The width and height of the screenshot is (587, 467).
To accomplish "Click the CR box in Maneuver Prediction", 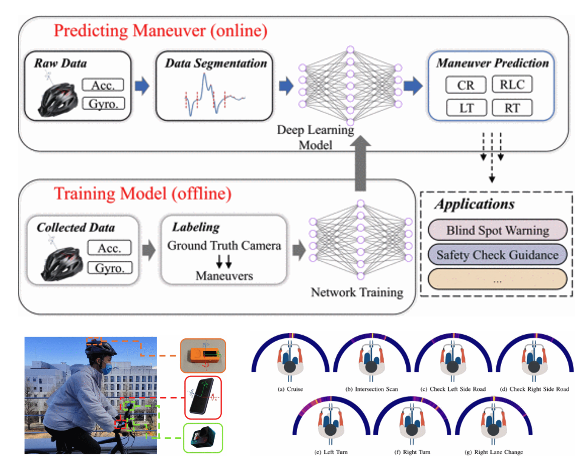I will point(465,85).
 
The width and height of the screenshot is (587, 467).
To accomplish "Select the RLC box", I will point(512,84).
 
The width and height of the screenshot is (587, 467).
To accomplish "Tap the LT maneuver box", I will point(466,108).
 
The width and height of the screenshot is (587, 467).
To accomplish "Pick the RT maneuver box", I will point(512,108).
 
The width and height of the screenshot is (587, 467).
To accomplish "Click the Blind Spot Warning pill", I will point(497,230).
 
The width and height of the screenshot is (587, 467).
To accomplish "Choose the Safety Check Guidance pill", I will point(497,255).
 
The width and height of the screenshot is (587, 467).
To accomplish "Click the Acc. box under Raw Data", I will point(103,85).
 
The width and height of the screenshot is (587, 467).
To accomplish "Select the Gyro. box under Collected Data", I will point(110,268).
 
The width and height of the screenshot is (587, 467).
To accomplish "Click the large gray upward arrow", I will point(361,162).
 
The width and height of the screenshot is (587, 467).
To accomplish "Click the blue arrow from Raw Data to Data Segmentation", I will point(142,86).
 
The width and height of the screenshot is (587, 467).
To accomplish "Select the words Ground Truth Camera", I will point(224,246).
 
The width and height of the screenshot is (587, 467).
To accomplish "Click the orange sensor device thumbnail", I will point(203,355).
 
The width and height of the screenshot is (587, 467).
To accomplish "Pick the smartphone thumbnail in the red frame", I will point(203,397).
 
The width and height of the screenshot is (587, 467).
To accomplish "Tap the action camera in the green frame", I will point(203,438).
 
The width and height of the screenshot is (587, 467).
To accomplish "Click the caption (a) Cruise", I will point(290,389).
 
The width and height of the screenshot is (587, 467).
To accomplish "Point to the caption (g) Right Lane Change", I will point(493,452).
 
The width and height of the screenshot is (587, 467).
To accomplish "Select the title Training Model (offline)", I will point(142,194).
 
